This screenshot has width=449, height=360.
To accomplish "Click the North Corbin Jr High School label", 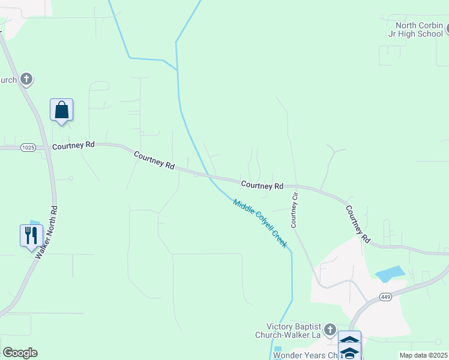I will (418, 29).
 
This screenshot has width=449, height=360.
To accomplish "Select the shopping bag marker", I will (61, 110).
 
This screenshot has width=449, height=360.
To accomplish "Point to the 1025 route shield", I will (27, 147).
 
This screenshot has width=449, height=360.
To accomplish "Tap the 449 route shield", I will (386, 297).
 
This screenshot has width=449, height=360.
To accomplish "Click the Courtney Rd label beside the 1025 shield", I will (74, 146).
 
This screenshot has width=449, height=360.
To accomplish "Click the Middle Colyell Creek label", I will (260, 224).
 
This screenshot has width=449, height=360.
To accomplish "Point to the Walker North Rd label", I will (46, 233).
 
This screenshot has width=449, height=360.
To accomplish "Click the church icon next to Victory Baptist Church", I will (330, 329).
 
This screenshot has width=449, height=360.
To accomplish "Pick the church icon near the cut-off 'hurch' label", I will (26, 79).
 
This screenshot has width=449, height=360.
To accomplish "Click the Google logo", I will (20, 353).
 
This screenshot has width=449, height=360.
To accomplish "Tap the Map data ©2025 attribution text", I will (423, 355).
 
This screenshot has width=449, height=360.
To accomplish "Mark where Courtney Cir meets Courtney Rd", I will (295, 187).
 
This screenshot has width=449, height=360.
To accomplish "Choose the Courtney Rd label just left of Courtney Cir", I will (262, 186).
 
